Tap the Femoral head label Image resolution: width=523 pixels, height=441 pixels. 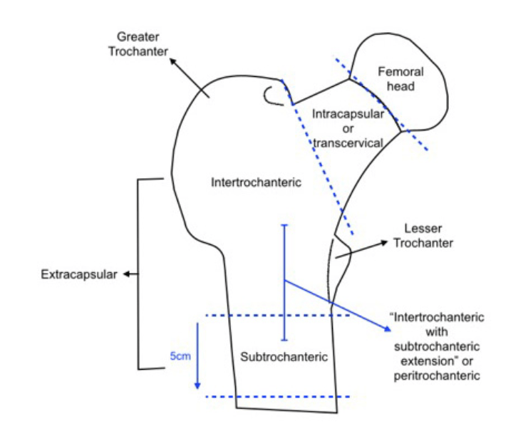point(400,78)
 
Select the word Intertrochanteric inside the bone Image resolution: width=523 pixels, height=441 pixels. point(257,182)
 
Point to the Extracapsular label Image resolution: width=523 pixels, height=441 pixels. point(78,274)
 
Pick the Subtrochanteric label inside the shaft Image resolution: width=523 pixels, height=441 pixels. point(284,356)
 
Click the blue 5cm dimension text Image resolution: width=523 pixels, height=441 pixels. point(179,355)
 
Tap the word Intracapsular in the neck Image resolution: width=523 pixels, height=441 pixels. point(348,114)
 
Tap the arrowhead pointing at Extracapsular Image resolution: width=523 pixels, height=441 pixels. point(125,274)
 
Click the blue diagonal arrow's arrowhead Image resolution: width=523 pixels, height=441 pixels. point(388,329)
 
